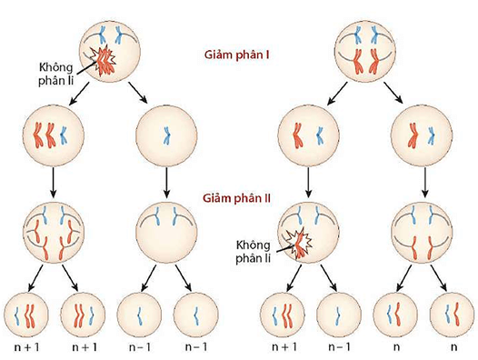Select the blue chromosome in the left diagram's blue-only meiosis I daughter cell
[165, 135]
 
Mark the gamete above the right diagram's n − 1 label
[339, 314]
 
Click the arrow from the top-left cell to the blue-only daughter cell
[138, 91]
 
